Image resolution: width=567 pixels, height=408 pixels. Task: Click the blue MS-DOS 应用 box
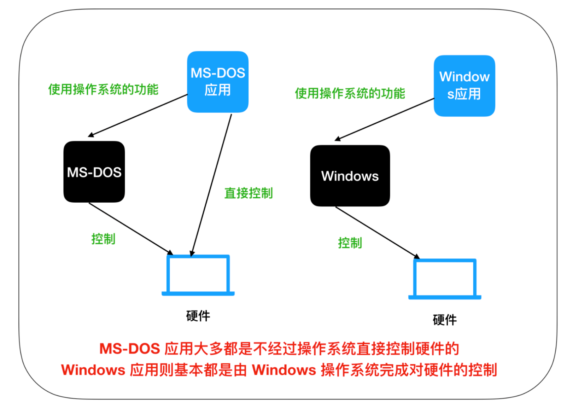click(217, 82)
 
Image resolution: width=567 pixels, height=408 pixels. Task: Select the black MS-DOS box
click(94, 172)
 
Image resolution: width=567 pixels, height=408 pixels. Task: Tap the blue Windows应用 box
click(464, 86)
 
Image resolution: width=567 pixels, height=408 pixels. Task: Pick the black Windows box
click(350, 176)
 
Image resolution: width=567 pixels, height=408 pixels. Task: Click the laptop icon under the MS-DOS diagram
click(198, 275)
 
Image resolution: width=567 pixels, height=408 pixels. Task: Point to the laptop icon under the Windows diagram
click(445, 279)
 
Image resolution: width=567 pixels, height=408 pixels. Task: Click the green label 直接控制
click(249, 193)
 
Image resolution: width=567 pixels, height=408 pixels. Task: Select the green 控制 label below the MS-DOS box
click(103, 239)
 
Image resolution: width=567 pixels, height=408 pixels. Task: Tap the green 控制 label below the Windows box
click(350, 243)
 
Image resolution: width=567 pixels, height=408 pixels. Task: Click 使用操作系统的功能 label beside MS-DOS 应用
click(103, 89)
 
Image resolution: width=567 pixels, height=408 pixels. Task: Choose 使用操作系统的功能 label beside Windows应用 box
click(350, 93)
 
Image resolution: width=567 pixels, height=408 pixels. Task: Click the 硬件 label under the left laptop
click(198, 316)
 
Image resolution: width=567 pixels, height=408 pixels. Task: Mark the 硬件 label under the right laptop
click(445, 320)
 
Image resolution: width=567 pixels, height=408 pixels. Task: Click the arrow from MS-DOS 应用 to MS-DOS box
click(138, 115)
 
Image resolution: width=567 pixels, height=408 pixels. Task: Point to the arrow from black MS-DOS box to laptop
click(130, 228)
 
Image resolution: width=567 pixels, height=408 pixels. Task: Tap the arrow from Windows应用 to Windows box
click(385, 119)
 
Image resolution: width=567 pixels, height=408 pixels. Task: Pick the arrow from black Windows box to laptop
click(377, 232)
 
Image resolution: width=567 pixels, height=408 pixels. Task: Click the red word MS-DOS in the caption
click(130, 349)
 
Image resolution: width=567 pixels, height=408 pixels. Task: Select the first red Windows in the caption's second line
click(93, 370)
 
